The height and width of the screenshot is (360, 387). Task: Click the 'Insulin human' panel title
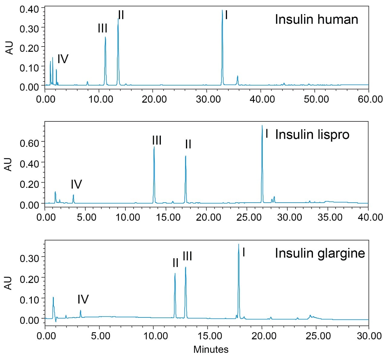(x=316, y=20)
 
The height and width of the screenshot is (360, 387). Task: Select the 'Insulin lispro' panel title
(x=312, y=135)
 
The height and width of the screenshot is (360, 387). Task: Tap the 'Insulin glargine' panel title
(x=320, y=253)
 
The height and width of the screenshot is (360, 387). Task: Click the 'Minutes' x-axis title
(x=211, y=349)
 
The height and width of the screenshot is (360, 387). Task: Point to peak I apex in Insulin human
(x=222, y=10)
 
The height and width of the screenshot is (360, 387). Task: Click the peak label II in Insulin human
(x=121, y=15)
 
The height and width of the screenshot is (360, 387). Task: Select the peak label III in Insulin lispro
(x=157, y=140)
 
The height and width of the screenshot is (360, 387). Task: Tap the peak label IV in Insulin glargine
(x=83, y=299)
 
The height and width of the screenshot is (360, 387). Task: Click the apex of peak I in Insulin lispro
(x=262, y=125)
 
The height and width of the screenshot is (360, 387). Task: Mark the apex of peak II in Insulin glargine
(x=175, y=274)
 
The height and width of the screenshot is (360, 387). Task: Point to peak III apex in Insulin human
(x=105, y=37)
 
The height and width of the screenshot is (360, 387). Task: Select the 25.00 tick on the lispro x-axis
(x=249, y=217)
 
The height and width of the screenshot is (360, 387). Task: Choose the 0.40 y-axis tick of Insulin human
(x=29, y=9)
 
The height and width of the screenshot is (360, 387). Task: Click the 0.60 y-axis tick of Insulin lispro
(x=29, y=143)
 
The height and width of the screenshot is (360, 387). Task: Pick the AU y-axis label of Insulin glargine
(x=9, y=283)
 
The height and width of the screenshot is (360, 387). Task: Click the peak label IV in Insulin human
(x=63, y=59)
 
